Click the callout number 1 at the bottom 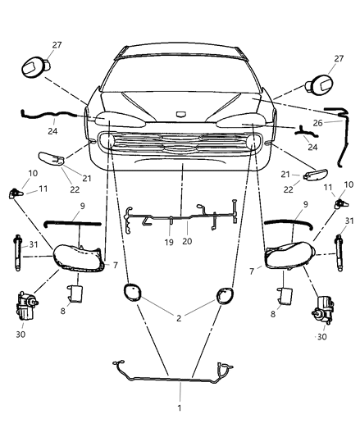tap(180, 407)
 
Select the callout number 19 tap(167, 242)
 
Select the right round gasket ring tap(226, 294)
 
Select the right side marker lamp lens tap(317, 174)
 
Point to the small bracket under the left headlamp tap(80, 293)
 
